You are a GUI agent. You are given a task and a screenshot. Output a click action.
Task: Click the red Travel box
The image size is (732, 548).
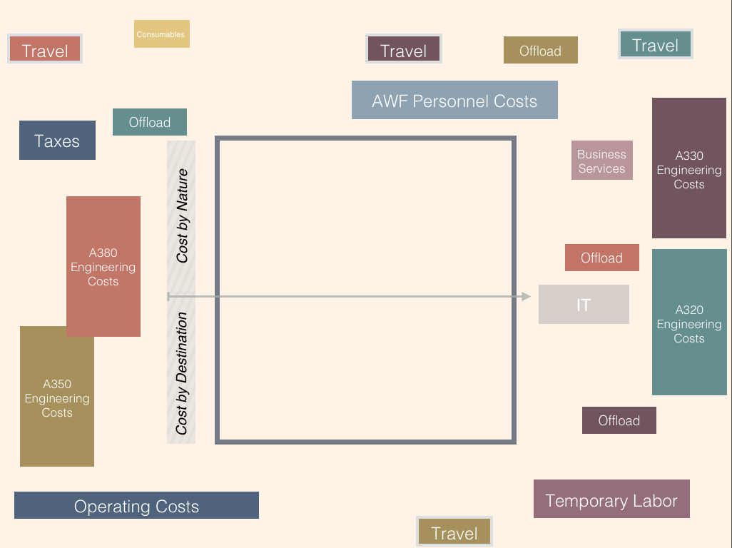(x=45, y=49)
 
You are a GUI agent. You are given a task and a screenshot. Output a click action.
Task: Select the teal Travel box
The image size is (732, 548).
(x=655, y=44)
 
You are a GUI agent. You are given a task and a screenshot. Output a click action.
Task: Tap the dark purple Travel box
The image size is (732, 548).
(x=403, y=49)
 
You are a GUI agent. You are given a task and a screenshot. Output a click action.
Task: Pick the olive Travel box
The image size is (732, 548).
(x=454, y=532)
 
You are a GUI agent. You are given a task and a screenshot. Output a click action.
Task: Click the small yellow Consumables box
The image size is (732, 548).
(x=161, y=34)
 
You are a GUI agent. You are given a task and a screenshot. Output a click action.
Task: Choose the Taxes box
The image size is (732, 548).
(x=57, y=140)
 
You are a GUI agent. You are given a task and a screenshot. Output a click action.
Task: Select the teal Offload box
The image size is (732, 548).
(x=150, y=122)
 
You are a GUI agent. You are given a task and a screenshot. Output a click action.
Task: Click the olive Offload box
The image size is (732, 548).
(x=540, y=50)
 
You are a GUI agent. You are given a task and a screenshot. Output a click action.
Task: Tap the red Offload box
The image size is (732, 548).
(x=601, y=258)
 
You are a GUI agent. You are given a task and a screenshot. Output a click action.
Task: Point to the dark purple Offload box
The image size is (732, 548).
(x=619, y=420)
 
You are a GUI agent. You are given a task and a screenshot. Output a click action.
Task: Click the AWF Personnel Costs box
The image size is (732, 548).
(x=454, y=100)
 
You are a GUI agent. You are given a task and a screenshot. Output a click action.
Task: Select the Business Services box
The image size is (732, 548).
(x=601, y=161)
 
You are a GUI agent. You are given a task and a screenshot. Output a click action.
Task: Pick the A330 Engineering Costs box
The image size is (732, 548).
(x=688, y=168)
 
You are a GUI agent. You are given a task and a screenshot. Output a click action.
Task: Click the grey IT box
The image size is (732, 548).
(x=584, y=305)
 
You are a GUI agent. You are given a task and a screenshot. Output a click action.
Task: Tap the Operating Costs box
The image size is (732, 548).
(x=136, y=505)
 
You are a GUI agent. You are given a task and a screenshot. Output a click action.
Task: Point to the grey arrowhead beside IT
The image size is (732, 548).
(x=527, y=296)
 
